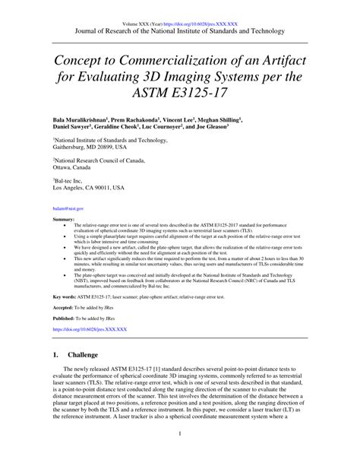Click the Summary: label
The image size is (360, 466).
tap(64, 219)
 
